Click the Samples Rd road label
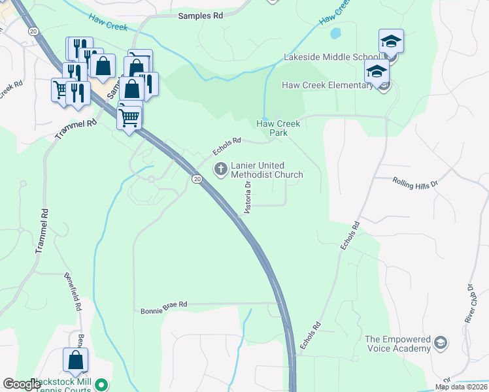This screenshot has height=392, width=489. coord(200,15)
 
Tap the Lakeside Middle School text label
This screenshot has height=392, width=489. coord(330,57)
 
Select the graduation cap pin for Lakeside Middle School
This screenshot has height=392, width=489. coord(391,42)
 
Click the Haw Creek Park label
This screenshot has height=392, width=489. coord(278,127)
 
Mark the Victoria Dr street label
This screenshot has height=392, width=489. coord(248,199)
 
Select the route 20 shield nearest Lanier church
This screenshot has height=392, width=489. coord(196,178)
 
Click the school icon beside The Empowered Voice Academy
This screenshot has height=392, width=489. coord(441,343)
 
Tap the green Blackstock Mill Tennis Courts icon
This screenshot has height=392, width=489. coord(101,384)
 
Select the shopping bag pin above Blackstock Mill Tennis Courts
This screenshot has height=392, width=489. coord(75,360)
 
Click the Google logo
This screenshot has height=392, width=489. coord(22,384)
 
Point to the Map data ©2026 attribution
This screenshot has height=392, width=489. coord(461,387)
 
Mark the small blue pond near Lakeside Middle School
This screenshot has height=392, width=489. coord(335,33)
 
